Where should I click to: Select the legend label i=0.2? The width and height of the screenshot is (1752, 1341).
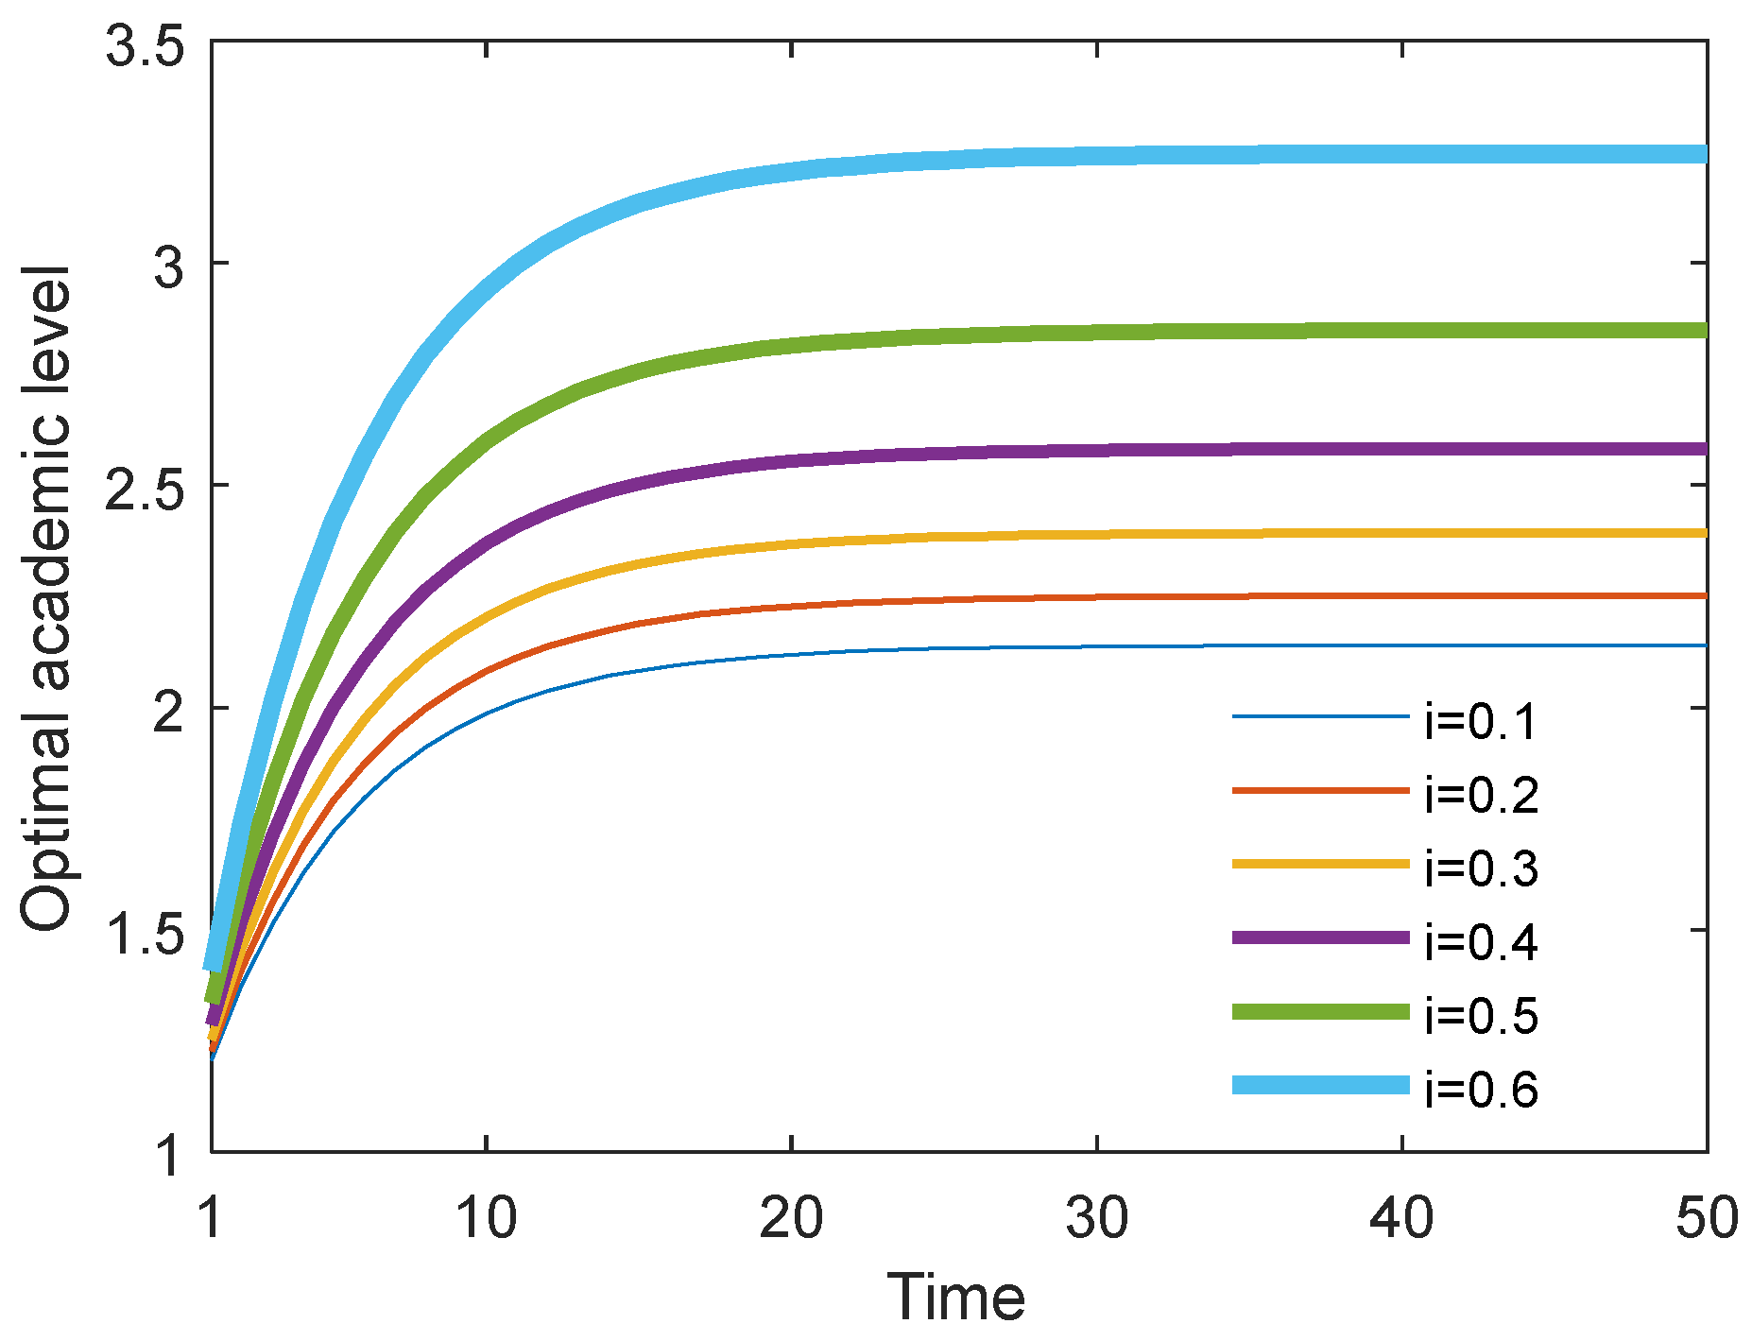(x=1481, y=796)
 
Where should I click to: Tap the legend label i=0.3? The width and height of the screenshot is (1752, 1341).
(x=1481, y=869)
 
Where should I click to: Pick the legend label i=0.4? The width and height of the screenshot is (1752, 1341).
(x=1481, y=943)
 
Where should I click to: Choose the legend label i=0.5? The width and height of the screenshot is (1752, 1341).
(x=1481, y=1017)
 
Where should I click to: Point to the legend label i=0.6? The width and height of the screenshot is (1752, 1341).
(x=1481, y=1090)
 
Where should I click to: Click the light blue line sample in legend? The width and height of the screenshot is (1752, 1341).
(x=1320, y=1085)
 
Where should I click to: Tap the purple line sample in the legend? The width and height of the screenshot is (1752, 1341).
(x=1320, y=937)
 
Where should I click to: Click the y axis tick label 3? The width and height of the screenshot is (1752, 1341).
(x=168, y=267)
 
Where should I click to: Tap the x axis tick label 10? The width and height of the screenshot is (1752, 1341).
(x=486, y=1218)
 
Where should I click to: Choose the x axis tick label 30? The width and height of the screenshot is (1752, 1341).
(x=1096, y=1218)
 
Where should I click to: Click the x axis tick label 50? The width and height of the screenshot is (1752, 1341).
(x=1707, y=1218)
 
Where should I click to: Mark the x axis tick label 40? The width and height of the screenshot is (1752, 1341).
(x=1401, y=1218)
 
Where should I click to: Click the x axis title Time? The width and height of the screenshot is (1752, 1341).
(x=955, y=1298)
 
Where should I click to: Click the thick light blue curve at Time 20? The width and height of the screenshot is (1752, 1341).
(x=791, y=171)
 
